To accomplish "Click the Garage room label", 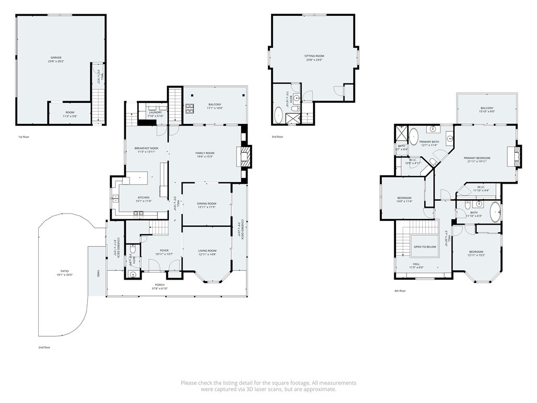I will click(56, 58).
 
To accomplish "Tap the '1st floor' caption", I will click(23, 137).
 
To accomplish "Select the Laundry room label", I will click(155, 112).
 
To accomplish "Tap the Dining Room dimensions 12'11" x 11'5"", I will click(207, 208).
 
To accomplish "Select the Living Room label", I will click(207, 251).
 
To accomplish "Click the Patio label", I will click(64, 271).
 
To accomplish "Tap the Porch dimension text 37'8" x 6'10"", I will click(159, 289).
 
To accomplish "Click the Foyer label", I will click(164, 250).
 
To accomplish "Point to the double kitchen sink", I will click(115, 198).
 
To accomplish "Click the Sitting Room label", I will click(314, 56).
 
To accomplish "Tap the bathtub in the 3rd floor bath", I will click(278, 114).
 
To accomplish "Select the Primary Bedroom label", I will click(477, 157).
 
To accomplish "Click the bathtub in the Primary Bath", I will click(414, 136).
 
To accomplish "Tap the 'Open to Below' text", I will click(425, 246).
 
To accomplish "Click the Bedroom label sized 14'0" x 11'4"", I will click(404, 198).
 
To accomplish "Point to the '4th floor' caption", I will click(400, 290).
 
